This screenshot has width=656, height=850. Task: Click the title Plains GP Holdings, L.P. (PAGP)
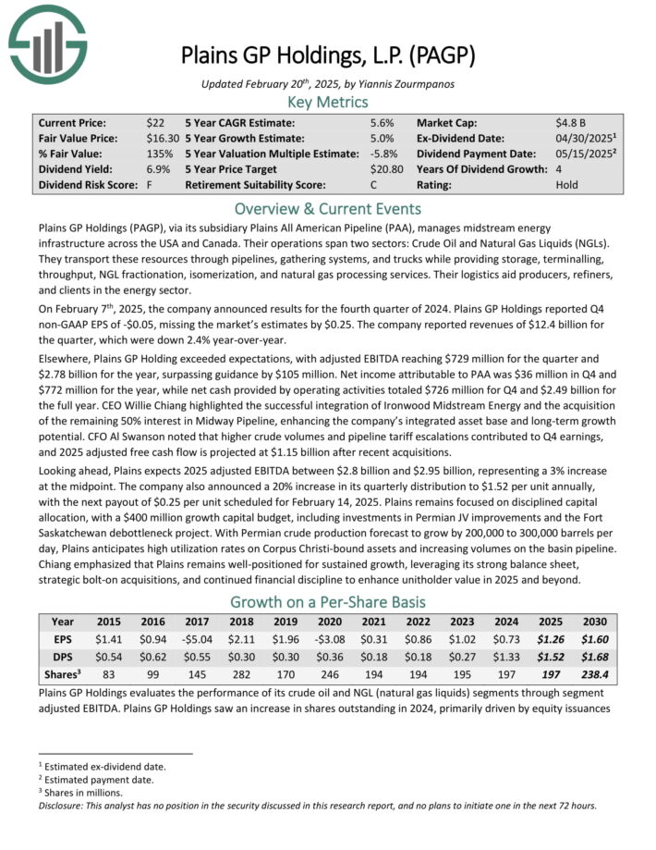tap(328, 55)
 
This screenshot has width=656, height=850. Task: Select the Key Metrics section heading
tap(328, 101)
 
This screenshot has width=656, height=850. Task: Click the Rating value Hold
tap(567, 185)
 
